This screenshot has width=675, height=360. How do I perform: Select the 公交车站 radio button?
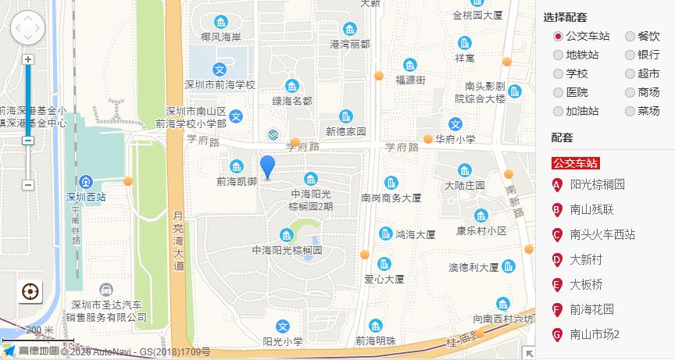pyautogui.click(x=558, y=36)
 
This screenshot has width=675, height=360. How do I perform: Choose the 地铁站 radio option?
pyautogui.click(x=558, y=55)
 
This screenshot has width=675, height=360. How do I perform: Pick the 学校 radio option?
pyautogui.click(x=558, y=73)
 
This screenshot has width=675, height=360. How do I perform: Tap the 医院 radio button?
pyautogui.click(x=558, y=92)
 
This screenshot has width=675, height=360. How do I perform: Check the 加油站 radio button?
pyautogui.click(x=558, y=111)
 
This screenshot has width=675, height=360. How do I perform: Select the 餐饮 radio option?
pyautogui.click(x=630, y=36)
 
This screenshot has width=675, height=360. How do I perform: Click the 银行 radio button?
pyautogui.click(x=630, y=55)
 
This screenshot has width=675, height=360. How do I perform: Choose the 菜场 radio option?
pyautogui.click(x=630, y=111)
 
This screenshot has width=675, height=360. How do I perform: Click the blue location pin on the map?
pyautogui.click(x=267, y=166)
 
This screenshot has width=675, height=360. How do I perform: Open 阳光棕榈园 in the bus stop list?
pyautogui.click(x=597, y=185)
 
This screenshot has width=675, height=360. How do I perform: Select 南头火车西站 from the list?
pyautogui.click(x=602, y=234)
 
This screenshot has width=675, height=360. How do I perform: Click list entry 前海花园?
pyautogui.click(x=591, y=309)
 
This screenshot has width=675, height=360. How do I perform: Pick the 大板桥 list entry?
pyautogui.click(x=586, y=284)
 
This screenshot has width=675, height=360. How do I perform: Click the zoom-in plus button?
pyautogui.click(x=28, y=59)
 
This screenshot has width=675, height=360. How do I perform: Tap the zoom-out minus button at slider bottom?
pyautogui.click(x=28, y=185)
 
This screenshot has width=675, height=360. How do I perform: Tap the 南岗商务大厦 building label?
pyautogui.click(x=391, y=198)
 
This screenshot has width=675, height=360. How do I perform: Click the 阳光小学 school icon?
pyautogui.click(x=283, y=326)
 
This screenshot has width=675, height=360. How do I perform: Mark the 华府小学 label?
pyautogui.click(x=455, y=139)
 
